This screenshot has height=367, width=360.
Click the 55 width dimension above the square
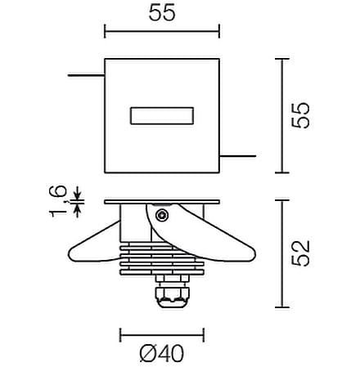[x=162, y=13]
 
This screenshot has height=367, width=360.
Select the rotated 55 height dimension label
[x=300, y=115]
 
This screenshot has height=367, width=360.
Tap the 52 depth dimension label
[x=300, y=253]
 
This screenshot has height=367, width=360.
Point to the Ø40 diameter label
[x=162, y=353]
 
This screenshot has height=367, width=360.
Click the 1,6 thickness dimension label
[x=58, y=200]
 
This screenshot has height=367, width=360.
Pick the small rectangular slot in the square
[x=162, y=116]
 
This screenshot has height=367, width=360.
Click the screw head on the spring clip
[x=162, y=216]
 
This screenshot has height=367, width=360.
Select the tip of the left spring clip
[x=70, y=255]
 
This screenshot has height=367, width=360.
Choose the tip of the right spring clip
[x=254, y=255]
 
